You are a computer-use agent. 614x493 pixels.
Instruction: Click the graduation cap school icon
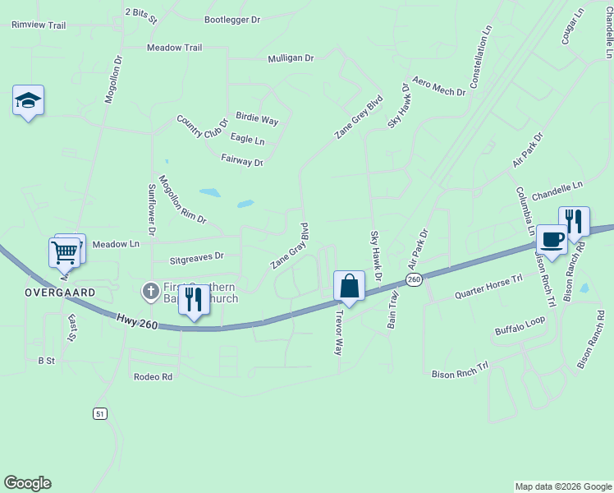point(28,101)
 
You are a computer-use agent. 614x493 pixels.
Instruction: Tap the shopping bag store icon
point(349,287)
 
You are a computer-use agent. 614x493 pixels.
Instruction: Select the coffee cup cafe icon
point(552,240)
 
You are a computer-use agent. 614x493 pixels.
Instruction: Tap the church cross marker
point(150,291)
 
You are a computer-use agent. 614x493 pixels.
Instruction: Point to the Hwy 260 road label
point(135,322)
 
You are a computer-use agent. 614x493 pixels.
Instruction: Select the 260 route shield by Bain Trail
point(414,280)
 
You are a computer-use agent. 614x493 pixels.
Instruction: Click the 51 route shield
point(100,413)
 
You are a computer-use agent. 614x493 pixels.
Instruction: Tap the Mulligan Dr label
point(291,58)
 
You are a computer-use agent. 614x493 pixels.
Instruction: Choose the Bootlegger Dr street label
point(231,19)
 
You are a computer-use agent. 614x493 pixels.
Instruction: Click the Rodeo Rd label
point(153,377)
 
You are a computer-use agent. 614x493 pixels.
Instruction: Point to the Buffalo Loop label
point(520,325)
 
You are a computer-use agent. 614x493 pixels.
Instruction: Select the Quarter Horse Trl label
point(488,287)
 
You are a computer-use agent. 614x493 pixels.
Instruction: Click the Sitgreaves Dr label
point(196,259)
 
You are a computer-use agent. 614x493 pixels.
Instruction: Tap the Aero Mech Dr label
point(439,87)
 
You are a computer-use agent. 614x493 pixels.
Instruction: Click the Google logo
point(27,483)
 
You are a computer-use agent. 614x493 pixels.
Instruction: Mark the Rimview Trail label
point(39,25)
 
